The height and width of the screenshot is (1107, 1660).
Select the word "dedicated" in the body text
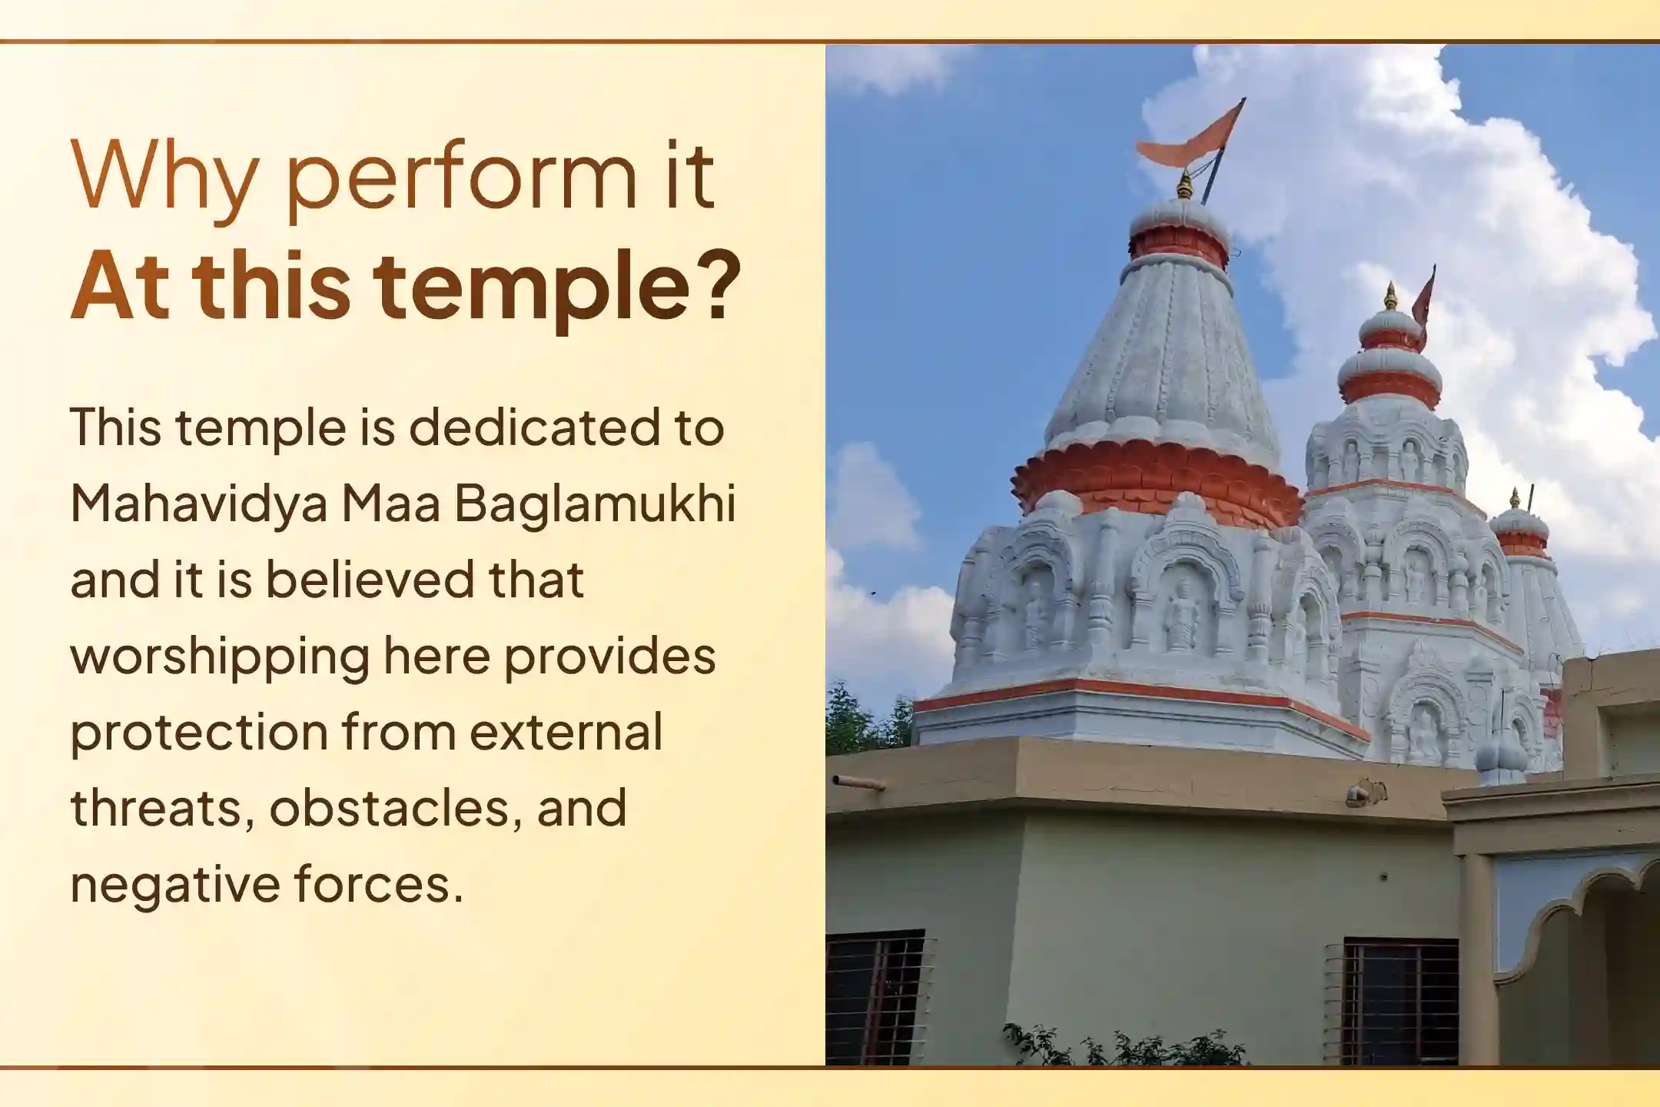coord(534,427)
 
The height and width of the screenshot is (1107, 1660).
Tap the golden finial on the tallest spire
coord(1184,187)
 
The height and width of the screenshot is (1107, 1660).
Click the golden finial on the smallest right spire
coord(1515,500)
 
